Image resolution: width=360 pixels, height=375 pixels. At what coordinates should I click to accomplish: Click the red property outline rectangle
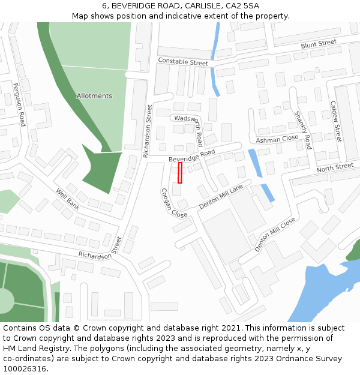tap(180, 172)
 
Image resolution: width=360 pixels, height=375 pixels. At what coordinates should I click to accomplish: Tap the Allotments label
tap(94, 96)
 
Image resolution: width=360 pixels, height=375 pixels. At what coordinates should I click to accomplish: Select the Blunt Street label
tap(319, 44)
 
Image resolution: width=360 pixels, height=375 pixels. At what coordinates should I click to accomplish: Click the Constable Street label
tap(183, 62)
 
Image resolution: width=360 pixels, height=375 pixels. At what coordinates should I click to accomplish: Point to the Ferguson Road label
tap(19, 105)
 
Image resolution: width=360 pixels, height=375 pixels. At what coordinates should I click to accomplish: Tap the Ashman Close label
tap(277, 139)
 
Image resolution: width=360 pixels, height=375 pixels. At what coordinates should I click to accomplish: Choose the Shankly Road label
tap(303, 130)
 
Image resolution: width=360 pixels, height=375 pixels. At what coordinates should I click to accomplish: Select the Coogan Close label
tap(173, 203)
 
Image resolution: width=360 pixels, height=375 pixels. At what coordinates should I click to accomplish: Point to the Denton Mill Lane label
tap(221, 196)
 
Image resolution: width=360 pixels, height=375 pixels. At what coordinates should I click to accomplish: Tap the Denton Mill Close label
tap(274, 234)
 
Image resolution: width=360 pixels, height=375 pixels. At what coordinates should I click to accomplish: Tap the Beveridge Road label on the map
tap(191, 155)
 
